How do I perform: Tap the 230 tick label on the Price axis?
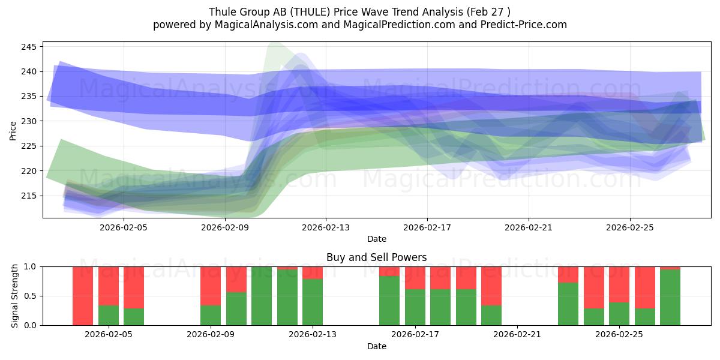click(31, 121)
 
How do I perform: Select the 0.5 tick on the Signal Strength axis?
click(31, 296)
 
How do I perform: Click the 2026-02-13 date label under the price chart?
click(326, 227)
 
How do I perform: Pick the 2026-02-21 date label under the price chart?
click(529, 227)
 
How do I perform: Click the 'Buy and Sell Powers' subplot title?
click(376, 257)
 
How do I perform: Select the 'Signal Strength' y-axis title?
click(15, 296)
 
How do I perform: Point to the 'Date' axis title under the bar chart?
click(376, 346)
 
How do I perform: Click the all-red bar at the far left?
click(83, 296)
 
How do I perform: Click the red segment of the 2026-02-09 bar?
click(211, 286)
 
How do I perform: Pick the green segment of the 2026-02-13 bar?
click(313, 302)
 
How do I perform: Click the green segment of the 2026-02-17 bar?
click(415, 307)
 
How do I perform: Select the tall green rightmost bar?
click(670, 298)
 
